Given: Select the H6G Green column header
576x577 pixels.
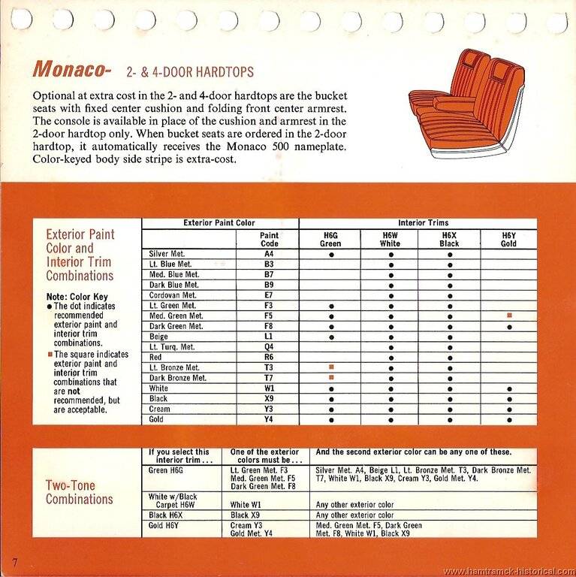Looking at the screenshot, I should pos(330,239).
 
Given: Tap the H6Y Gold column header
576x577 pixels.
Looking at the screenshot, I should pos(508,239).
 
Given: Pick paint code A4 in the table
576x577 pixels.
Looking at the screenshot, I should pos(268,254).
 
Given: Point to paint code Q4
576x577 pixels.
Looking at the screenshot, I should pos(268,347).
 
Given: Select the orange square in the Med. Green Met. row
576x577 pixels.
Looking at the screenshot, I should pos(509,316).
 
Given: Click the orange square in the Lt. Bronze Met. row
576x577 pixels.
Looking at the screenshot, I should pos(330,367).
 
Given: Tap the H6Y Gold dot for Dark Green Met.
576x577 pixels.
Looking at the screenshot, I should pos(509,327).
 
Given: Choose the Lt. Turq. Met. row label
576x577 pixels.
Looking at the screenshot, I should pos(172,347).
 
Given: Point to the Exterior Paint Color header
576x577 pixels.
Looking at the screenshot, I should pos(219,223).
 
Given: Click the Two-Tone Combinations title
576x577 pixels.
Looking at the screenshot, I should pos(80,492).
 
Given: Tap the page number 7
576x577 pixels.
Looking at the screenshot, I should pos(14,562).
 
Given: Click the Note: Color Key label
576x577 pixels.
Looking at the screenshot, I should pos(76,297).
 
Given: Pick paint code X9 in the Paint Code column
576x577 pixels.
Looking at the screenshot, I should pos(268,398).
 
